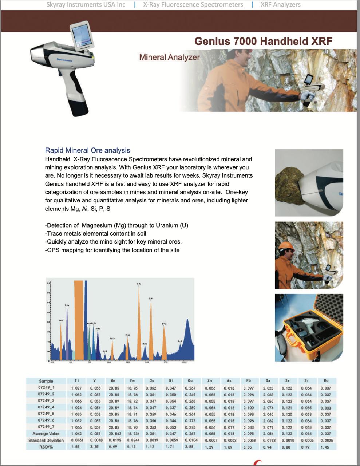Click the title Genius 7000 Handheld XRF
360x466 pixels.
click(x=263, y=41)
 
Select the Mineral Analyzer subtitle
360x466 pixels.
click(x=169, y=57)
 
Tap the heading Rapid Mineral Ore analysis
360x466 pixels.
click(x=87, y=150)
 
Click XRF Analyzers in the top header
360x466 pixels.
click(x=280, y=5)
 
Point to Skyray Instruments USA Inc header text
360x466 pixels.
click(x=86, y=5)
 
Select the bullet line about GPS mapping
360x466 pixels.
click(x=112, y=250)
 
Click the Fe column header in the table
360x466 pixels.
click(x=132, y=381)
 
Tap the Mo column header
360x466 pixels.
click(x=326, y=381)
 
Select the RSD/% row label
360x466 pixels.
click(x=46, y=447)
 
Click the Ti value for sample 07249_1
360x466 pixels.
click(x=76, y=388)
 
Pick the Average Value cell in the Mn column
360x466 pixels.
click(x=114, y=434)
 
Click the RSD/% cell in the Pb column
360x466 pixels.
click(x=248, y=447)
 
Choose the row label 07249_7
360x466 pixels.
click(x=46, y=427)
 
